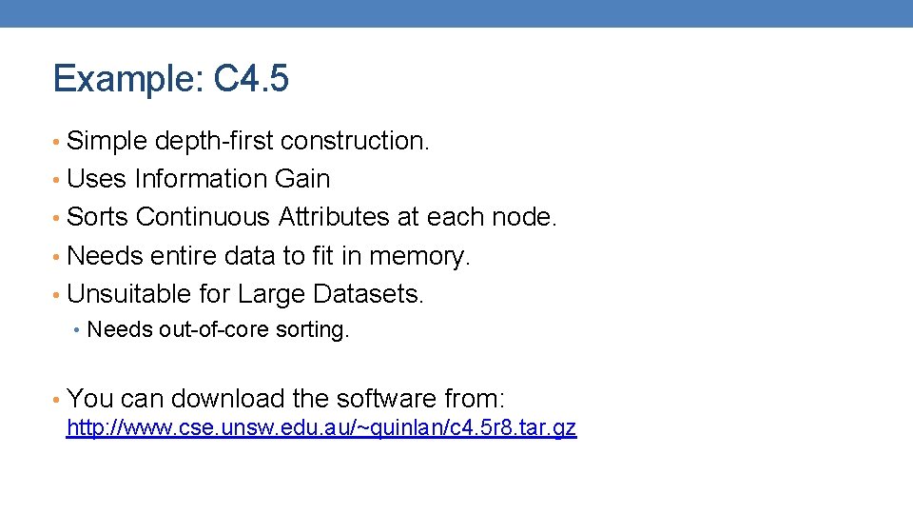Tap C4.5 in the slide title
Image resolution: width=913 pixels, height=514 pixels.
click(251, 79)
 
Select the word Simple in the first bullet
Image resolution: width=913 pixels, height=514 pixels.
click(107, 141)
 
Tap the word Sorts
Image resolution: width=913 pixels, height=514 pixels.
click(98, 217)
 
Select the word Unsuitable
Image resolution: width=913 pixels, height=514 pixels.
click(125, 294)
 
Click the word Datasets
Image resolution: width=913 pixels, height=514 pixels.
click(371, 294)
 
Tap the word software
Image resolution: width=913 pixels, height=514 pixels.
click(380, 398)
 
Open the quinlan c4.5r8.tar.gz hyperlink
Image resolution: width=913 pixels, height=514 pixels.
click(321, 428)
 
